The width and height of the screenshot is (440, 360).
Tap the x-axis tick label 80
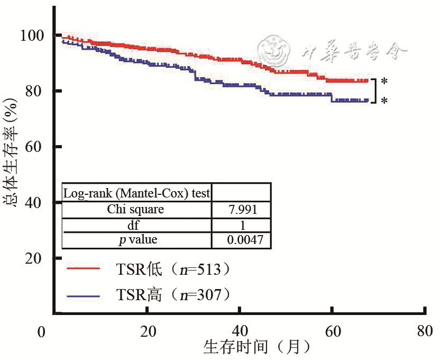point(425,331)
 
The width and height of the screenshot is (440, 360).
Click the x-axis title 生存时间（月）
point(256,347)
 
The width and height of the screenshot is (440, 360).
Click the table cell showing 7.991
point(242,209)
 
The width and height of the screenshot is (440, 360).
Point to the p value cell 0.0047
point(242,240)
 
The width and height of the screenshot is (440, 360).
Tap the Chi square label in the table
point(136,209)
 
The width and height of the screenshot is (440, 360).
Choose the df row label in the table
point(136,224)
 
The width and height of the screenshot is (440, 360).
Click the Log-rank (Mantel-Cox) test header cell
point(136,193)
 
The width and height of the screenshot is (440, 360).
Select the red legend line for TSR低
point(84,268)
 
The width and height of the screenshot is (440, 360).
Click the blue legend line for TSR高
point(84,294)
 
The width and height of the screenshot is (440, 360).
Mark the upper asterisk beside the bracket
point(384,82)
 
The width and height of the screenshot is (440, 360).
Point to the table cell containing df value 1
point(242,224)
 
